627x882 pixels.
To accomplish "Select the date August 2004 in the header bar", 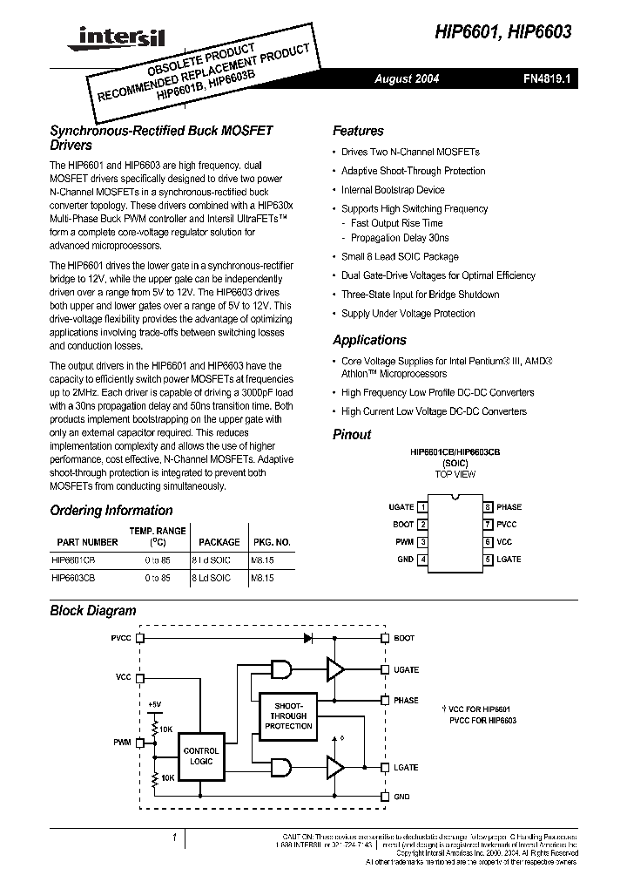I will (407, 78).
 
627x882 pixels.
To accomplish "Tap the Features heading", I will (358, 131).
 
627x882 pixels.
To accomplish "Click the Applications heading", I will (369, 340).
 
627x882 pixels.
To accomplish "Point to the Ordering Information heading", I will (111, 511).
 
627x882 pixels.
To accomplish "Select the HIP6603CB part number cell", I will (74, 578).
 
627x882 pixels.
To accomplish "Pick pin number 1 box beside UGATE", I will (422, 506).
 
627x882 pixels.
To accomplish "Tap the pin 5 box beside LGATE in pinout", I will (489, 560).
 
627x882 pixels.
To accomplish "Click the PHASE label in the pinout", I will (509, 506).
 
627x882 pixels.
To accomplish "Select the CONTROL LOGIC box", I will (200, 755).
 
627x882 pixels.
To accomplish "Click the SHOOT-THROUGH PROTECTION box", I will (288, 716).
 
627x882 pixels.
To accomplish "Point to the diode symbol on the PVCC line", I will (307, 638).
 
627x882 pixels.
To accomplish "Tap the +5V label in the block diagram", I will (154, 703).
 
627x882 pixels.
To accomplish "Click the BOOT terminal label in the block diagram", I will (404, 638).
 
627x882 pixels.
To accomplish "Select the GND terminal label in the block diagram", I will (401, 797).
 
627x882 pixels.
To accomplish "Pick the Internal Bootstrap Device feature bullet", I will (393, 190).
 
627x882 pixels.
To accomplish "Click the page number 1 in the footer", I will (175, 838).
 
